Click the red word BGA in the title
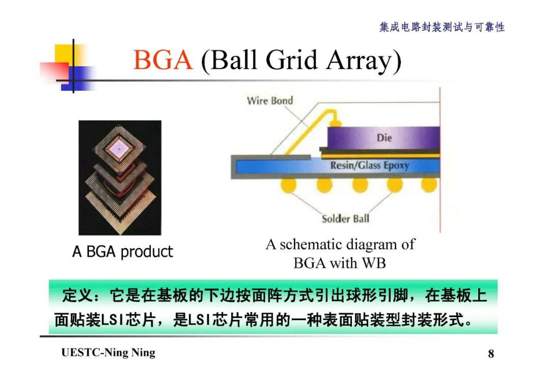pyautogui.click(x=163, y=61)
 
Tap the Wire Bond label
pyautogui.click(x=269, y=100)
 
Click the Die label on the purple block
pyautogui.click(x=384, y=138)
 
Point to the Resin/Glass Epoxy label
pyautogui.click(x=369, y=165)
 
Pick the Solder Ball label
pyautogui.click(x=345, y=219)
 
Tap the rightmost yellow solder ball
pyautogui.click(x=429, y=184)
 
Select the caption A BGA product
pyautogui.click(x=122, y=251)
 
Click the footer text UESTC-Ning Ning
pyautogui.click(x=108, y=353)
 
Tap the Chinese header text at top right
pyautogui.click(x=442, y=27)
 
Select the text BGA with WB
pyautogui.click(x=339, y=263)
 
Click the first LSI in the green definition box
pyautogui.click(x=110, y=321)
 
